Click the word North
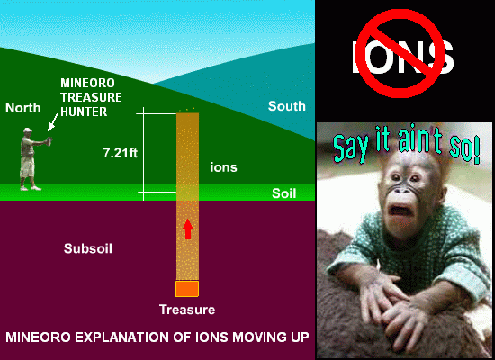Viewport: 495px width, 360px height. [x=23, y=108]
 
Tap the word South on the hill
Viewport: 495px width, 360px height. [x=286, y=106]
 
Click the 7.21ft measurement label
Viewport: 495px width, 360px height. [x=121, y=153]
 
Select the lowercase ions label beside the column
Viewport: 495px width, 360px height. [x=223, y=167]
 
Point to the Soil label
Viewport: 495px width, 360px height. [x=284, y=193]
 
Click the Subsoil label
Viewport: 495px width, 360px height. [x=88, y=248]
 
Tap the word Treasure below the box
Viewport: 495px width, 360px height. [x=187, y=310]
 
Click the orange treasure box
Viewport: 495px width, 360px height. [x=187, y=289]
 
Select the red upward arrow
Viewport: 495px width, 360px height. [x=188, y=229]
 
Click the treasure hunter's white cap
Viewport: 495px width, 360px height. [x=28, y=130]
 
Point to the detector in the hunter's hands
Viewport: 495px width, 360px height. [x=49, y=140]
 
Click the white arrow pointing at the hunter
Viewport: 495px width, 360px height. [x=53, y=121]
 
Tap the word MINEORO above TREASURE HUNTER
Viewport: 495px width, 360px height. [x=87, y=83]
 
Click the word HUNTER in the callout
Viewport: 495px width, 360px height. [x=84, y=112]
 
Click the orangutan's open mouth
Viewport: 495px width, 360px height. [x=400, y=211]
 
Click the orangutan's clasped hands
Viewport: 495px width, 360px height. [x=391, y=303]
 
